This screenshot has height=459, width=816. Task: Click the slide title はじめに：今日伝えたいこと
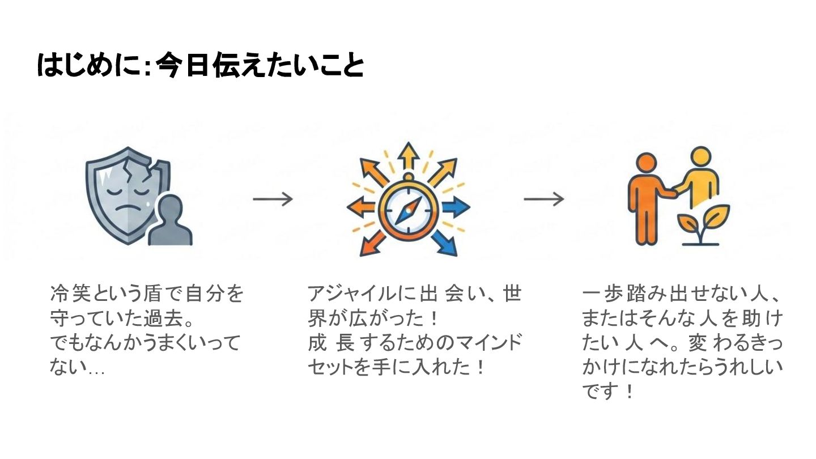[x=199, y=66]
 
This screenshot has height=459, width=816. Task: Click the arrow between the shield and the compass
[x=273, y=199]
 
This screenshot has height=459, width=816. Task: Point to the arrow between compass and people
[x=543, y=199]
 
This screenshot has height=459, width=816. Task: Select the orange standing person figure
[x=646, y=198]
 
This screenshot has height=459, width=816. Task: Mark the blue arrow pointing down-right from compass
[x=445, y=244]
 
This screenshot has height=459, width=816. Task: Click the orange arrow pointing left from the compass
[x=360, y=207]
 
